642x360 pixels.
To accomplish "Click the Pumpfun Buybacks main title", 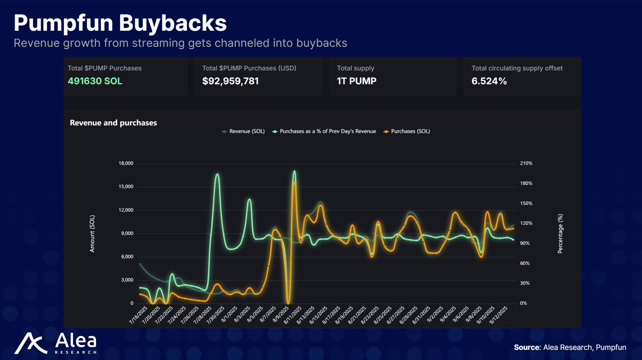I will coord(120,23).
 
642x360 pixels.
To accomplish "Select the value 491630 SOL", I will coord(95,81).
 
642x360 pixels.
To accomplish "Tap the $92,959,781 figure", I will coord(230,81).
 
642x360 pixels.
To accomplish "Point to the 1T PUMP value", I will coord(356,81).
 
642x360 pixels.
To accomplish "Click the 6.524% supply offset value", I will coord(489,81).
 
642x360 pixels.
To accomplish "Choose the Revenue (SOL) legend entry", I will coord(243,131).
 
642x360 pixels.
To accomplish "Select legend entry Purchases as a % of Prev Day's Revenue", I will coord(324,131).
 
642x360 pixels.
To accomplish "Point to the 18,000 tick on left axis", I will coord(126,163).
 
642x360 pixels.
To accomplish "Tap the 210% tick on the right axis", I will coord(526,163).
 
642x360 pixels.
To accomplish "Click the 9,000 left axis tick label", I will coord(127,233).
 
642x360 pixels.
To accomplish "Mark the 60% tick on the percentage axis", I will coord(524,263).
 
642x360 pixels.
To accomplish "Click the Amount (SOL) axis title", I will coord(92,234).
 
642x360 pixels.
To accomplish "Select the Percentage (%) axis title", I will coord(560,234).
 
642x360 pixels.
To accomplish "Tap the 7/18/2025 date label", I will coord(139,315).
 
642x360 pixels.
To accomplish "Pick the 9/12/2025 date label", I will coord(498,315).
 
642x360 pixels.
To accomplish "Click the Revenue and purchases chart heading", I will coord(113,123).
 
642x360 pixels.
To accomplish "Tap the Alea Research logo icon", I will coord(30,343).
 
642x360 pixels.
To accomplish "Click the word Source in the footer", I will coord(527,347).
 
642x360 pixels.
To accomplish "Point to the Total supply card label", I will coord(355,68).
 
